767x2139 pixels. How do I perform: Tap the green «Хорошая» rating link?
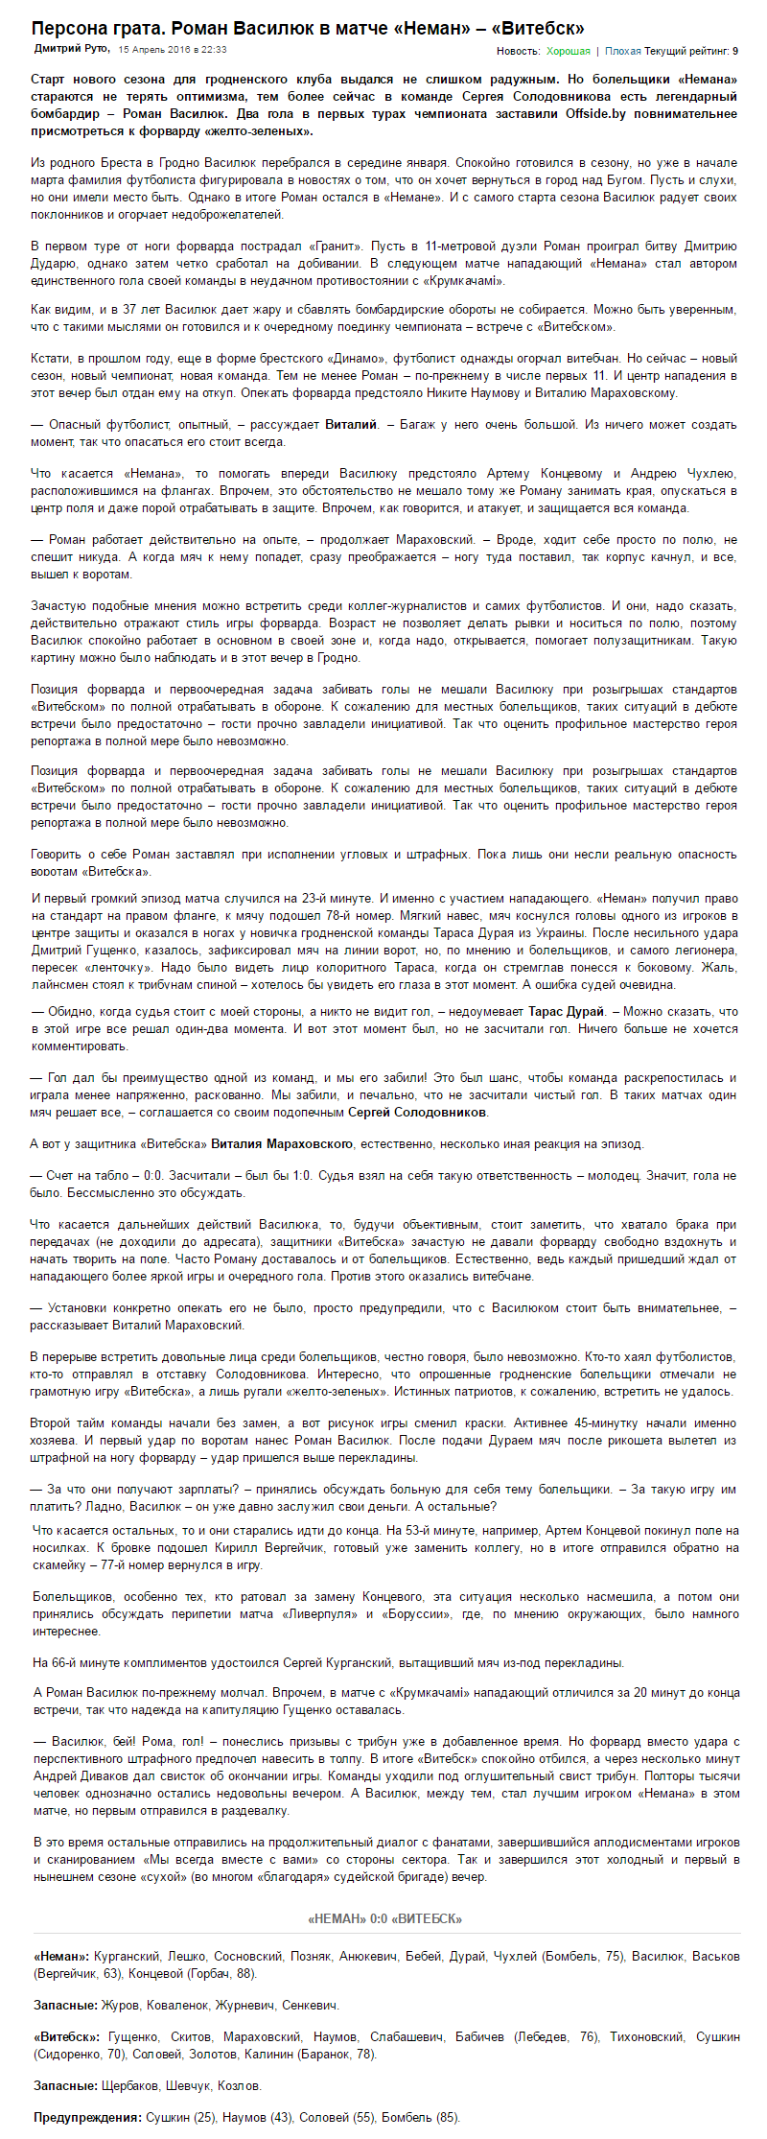pos(569,51)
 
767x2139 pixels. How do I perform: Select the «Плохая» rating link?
pos(623,51)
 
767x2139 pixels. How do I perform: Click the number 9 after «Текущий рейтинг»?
pos(735,51)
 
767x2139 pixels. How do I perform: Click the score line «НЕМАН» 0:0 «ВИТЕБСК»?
pos(384,1918)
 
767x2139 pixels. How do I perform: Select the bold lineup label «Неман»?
pos(61,1956)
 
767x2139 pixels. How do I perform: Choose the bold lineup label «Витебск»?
pos(67,2036)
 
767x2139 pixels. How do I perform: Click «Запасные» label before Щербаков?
pos(64,2085)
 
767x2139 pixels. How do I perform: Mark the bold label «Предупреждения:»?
pos(87,2117)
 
